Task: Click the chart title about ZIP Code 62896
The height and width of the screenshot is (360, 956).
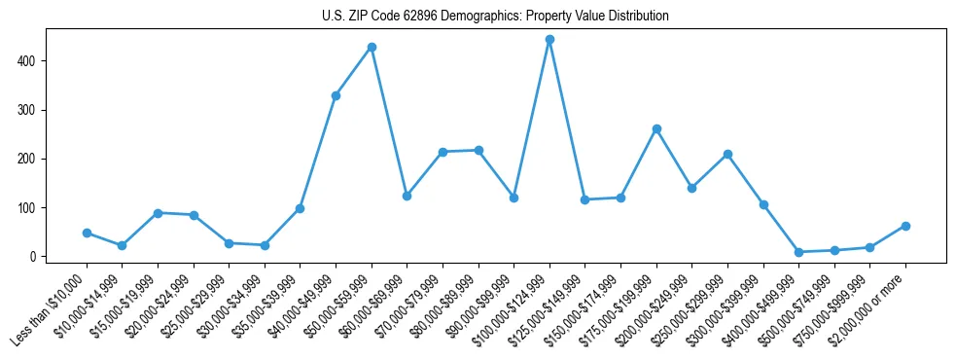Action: (495, 17)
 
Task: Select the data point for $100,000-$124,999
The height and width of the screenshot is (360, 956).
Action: (549, 40)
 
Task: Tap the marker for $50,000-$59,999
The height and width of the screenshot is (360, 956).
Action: (372, 47)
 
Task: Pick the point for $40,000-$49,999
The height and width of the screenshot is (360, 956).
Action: (336, 95)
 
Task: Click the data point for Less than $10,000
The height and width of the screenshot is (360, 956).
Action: (87, 233)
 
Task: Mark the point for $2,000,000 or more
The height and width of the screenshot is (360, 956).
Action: (905, 226)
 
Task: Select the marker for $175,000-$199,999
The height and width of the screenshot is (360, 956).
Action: (656, 128)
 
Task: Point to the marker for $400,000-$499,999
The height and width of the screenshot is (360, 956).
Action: (798, 252)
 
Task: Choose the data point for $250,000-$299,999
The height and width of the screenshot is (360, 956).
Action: (727, 154)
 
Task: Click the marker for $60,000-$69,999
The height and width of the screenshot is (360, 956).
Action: (407, 196)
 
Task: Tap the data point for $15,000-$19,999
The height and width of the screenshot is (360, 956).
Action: (158, 213)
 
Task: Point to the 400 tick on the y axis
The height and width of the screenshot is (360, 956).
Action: (38, 61)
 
